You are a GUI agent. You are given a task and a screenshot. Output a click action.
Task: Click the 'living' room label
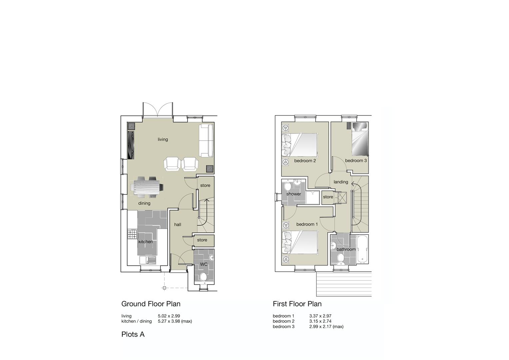[x=163, y=139]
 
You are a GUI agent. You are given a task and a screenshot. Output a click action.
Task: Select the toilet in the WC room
[x=203, y=276]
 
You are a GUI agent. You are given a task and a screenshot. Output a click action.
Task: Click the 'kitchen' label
[x=145, y=242]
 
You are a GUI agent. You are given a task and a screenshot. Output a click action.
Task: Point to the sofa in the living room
[x=206, y=140]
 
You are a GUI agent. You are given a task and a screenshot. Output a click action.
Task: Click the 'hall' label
[x=178, y=224]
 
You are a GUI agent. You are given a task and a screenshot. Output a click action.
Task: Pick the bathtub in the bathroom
[x=362, y=249]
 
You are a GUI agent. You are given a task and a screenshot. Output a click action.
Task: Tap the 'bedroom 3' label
[x=356, y=160]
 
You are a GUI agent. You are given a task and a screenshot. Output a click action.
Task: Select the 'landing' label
[x=341, y=182]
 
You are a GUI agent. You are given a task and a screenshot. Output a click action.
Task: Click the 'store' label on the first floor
[x=328, y=197]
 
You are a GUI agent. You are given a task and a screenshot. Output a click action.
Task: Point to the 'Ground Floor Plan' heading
[x=151, y=304]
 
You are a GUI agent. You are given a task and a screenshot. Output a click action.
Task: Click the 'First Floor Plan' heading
[x=297, y=304]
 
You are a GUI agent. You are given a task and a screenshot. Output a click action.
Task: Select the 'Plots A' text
[x=133, y=334]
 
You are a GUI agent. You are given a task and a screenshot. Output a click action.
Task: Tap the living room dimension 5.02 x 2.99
[x=169, y=316]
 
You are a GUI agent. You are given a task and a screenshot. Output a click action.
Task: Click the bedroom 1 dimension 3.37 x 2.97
[x=320, y=316]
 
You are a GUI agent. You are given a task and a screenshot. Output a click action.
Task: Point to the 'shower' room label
[x=293, y=194]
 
